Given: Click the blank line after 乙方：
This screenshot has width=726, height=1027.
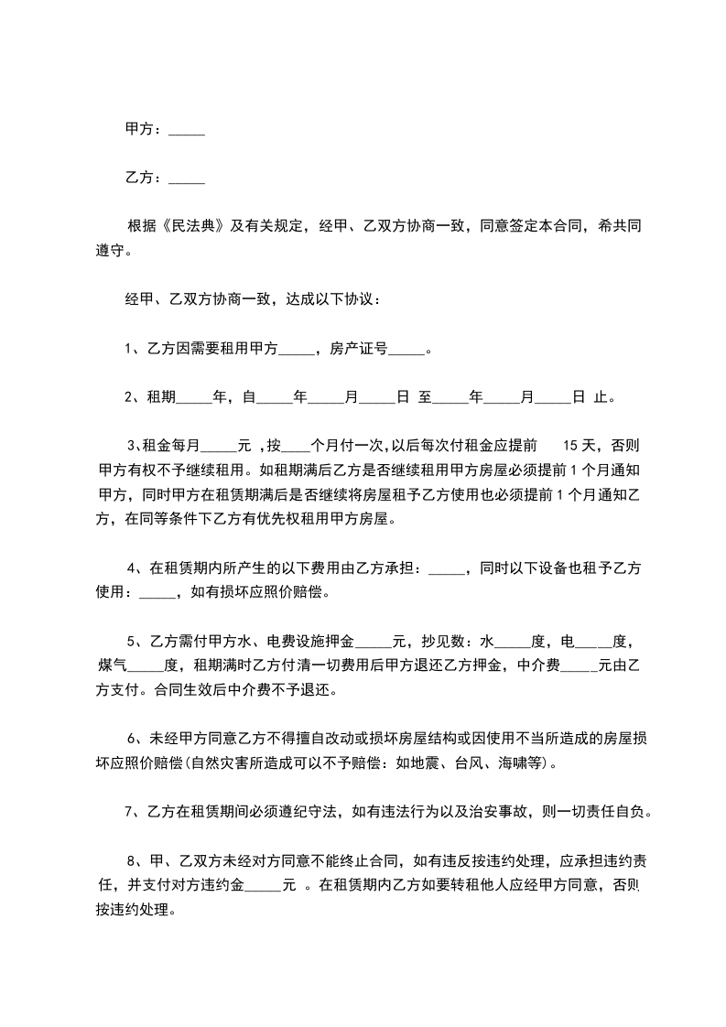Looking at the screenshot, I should (187, 180).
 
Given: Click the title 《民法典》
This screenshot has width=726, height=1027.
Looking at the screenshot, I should (191, 226).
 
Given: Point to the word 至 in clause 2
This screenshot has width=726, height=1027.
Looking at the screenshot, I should (425, 398).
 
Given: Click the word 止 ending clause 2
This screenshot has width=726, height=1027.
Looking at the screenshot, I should (601, 398).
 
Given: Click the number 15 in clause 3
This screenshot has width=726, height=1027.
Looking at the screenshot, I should (569, 447).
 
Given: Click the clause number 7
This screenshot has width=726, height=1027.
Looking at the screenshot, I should (127, 812).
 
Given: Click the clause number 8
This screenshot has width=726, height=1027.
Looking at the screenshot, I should (133, 860).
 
